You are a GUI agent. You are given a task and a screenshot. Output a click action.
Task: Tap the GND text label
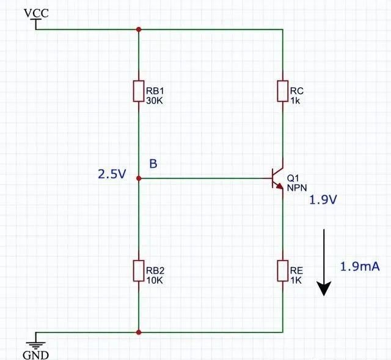point(35,355)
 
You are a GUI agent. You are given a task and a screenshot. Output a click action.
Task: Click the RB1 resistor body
point(139,91)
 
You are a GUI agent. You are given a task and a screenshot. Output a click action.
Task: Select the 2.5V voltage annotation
point(112,175)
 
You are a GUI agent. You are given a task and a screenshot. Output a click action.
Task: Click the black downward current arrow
point(324,262)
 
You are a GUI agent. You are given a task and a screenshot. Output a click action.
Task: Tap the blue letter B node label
point(153,164)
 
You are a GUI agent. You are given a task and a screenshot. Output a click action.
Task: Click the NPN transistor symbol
point(277,178)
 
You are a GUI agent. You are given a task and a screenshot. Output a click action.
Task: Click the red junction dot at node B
point(139,178)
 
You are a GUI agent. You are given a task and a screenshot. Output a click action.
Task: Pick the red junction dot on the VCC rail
point(139,29)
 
